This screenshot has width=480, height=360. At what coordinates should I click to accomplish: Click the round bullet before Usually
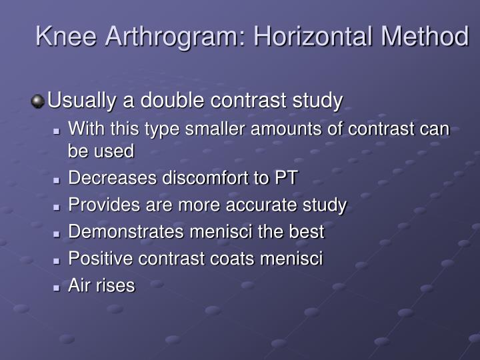(x=38, y=102)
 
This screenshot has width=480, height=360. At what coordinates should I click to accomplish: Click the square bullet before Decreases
(x=58, y=179)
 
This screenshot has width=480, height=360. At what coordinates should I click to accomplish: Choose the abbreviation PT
(x=287, y=179)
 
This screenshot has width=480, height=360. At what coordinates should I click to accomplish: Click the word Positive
(x=95, y=259)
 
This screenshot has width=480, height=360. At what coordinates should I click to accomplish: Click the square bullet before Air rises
(x=58, y=287)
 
